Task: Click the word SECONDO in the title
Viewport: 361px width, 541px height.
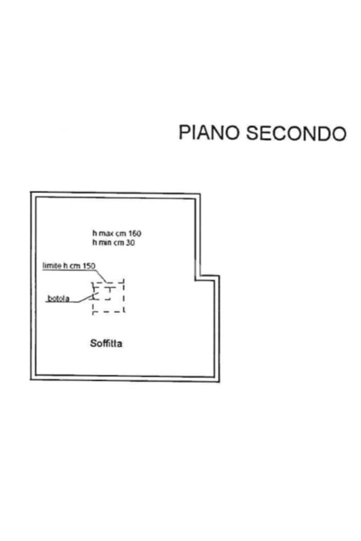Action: pos(296,133)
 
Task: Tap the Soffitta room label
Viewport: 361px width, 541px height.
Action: pos(107,344)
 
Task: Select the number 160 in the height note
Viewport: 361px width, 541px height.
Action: pos(134,233)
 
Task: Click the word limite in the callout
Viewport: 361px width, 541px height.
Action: pos(52,267)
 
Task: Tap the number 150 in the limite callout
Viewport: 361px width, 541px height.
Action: pos(89,267)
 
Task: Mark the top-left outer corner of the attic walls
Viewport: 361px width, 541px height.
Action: pos(31,192)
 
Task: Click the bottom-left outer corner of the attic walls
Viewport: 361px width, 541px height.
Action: pos(31,379)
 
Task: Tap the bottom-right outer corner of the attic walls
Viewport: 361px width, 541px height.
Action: pos(219,382)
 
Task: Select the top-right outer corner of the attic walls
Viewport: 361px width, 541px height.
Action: pos(200,194)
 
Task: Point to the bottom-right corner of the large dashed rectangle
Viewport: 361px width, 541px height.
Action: pos(124,311)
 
